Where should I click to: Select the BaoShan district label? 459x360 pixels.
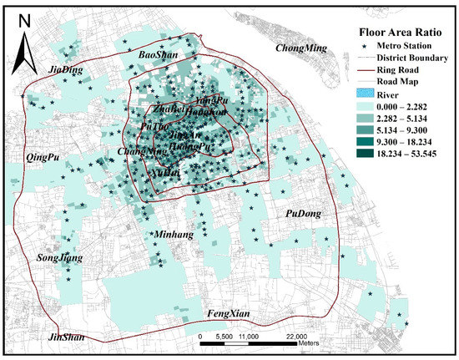(x=156, y=53)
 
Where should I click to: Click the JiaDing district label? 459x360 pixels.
(x=66, y=70)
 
